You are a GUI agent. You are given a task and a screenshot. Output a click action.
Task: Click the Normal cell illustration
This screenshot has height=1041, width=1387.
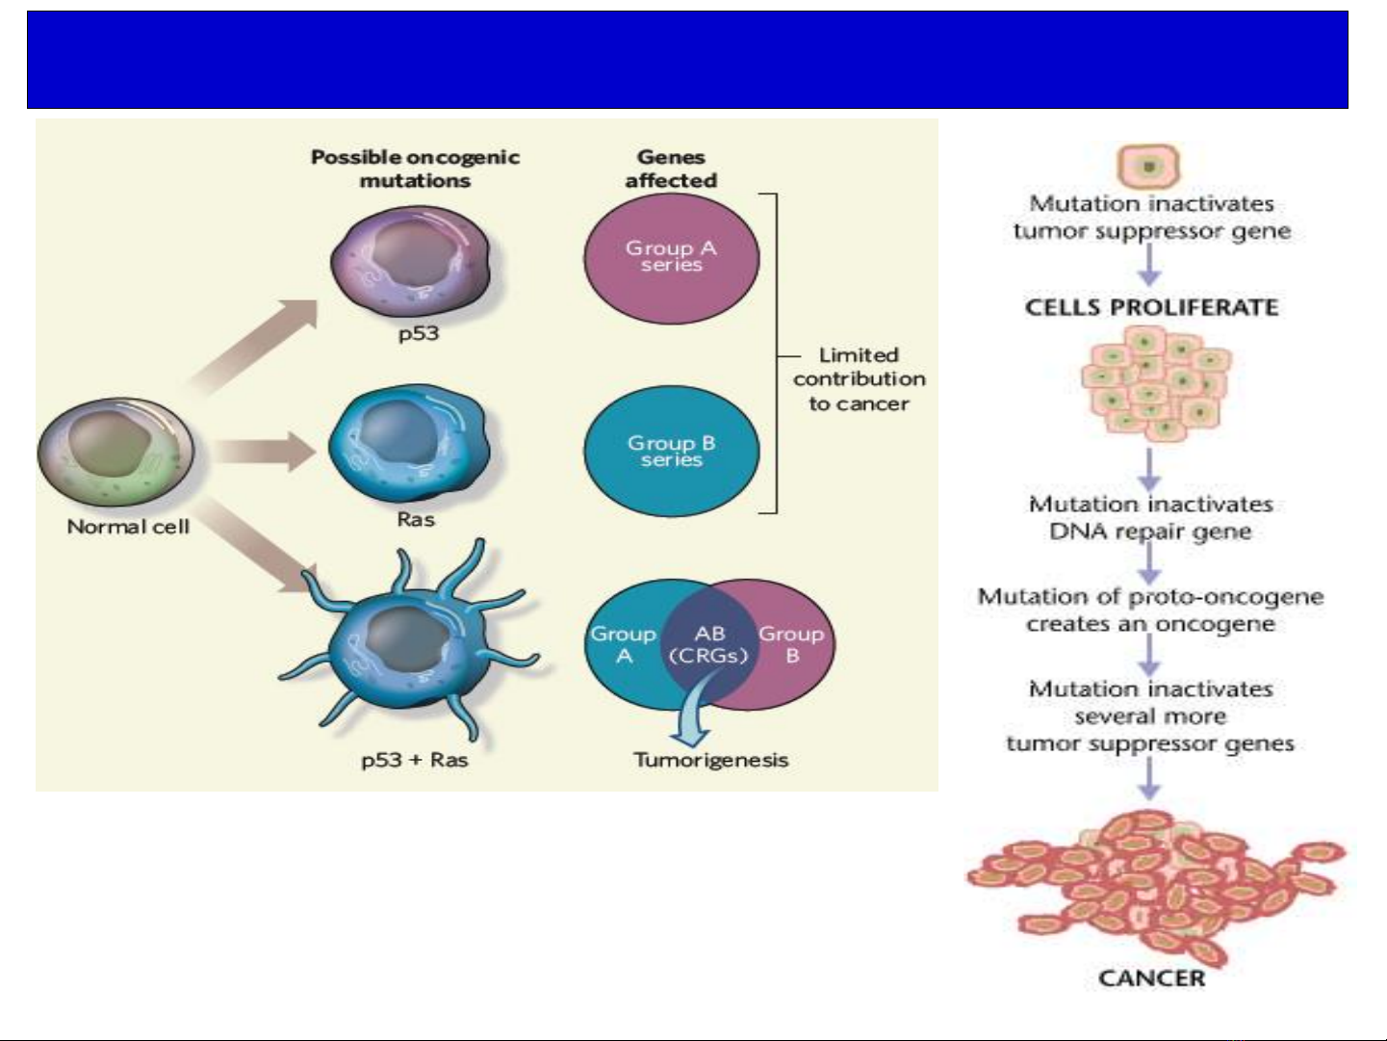[x=116, y=453]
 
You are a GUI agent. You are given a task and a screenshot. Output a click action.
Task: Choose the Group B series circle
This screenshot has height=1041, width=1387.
[x=671, y=451]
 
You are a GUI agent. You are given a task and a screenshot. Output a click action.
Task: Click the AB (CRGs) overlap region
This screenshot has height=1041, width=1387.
[x=708, y=645]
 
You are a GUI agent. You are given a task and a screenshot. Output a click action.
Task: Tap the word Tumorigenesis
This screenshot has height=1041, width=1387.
[x=710, y=760]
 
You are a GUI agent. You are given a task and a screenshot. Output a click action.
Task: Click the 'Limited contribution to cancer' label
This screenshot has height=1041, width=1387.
[x=859, y=379]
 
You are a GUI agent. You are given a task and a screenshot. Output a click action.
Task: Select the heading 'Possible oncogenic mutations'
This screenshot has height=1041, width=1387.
[x=415, y=169]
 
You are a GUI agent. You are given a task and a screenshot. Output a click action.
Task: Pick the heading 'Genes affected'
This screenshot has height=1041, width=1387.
[x=671, y=169]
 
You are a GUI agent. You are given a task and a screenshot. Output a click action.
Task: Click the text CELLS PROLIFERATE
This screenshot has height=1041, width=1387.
[x=1151, y=308]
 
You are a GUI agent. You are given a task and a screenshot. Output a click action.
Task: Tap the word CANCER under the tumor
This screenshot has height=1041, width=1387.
[x=1151, y=978]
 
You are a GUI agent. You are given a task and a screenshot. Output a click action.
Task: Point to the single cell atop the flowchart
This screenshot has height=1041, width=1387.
[x=1148, y=166]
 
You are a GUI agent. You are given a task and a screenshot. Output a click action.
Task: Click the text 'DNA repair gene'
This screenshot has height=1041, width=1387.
[x=1150, y=532]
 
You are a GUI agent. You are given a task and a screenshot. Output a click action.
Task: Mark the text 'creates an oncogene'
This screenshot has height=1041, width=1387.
[x=1150, y=624]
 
